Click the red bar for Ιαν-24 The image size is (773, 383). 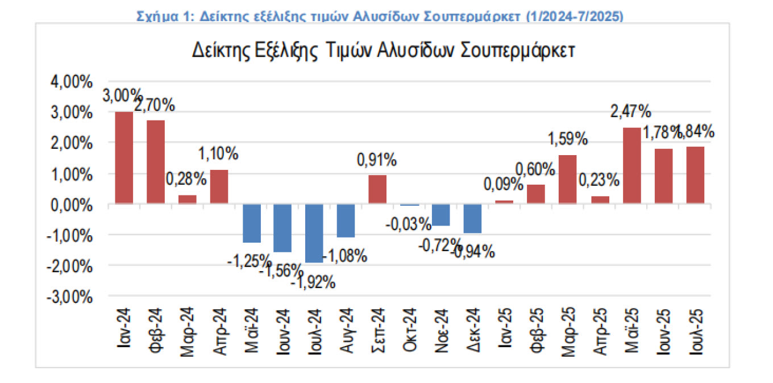point(124,157)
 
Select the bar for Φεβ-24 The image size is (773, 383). point(156,162)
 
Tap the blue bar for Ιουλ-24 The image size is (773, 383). point(314,233)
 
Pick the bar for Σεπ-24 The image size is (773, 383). point(377,189)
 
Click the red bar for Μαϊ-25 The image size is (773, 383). point(632,165)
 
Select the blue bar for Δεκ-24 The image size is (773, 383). point(473,218)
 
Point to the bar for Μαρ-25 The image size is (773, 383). point(568,179)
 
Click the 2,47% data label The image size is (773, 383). point(631,111)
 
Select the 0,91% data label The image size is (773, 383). point(376,161)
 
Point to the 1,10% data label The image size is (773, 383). point(219,153)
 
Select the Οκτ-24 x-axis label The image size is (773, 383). point(410,334)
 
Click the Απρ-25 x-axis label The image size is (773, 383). point(600,334)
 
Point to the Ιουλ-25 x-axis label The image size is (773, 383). point(696,334)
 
